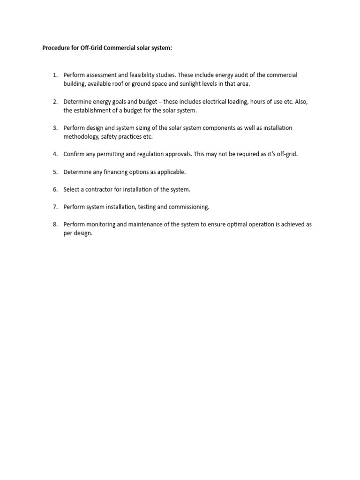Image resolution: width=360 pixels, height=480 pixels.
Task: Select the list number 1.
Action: (54, 75)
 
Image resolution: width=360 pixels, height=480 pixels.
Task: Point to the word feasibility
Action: (140, 75)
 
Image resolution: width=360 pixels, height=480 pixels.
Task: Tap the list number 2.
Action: (54, 102)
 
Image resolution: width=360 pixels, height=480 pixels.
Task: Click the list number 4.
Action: (54, 154)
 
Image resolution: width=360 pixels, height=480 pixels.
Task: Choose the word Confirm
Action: (74, 154)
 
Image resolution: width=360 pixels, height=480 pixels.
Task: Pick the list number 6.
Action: (54, 189)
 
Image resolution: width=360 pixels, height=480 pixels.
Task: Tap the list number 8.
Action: (54, 225)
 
